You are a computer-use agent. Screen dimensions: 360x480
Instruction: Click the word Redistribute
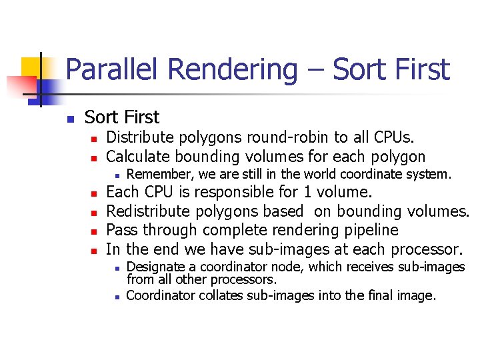click(153, 211)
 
